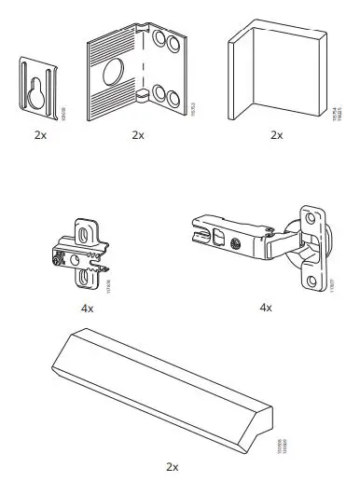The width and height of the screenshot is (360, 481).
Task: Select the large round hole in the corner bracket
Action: click(119, 73)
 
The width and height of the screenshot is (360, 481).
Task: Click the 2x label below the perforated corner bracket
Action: click(137, 135)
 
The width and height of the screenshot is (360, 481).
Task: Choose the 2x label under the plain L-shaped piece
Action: click(275, 135)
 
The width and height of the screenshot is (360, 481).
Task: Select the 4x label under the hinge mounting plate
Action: click(88, 307)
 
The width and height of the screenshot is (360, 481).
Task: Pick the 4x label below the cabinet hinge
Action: click(264, 307)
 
